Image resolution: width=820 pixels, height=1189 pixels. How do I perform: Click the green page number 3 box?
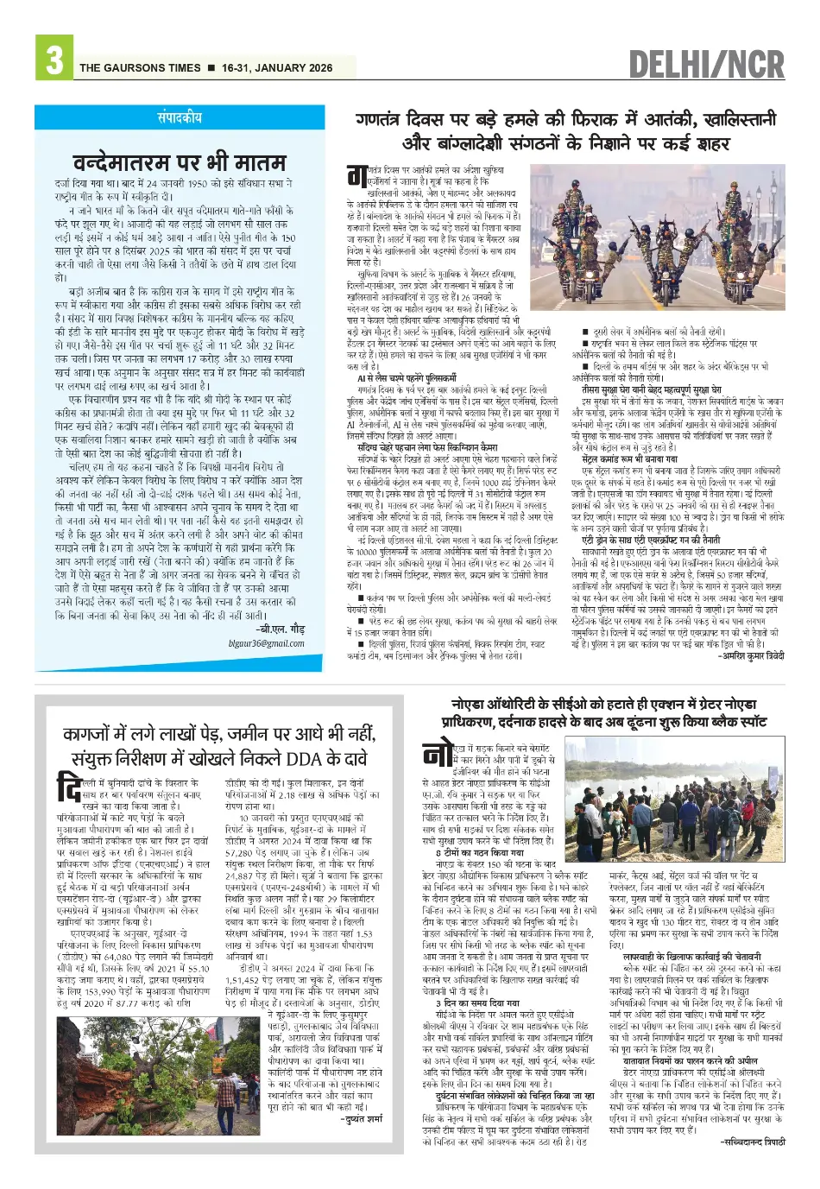(x=54, y=60)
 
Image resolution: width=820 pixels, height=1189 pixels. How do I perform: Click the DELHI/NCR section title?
(x=706, y=64)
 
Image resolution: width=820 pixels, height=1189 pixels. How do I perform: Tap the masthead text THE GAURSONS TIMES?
(x=140, y=68)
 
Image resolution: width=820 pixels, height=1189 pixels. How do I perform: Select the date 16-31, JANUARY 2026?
(x=276, y=68)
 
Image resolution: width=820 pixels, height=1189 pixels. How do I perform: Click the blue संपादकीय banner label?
(x=180, y=117)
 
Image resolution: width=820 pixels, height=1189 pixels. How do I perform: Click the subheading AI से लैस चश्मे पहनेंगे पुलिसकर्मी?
(x=407, y=378)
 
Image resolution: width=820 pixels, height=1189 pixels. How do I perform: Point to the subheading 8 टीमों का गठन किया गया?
(x=480, y=852)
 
